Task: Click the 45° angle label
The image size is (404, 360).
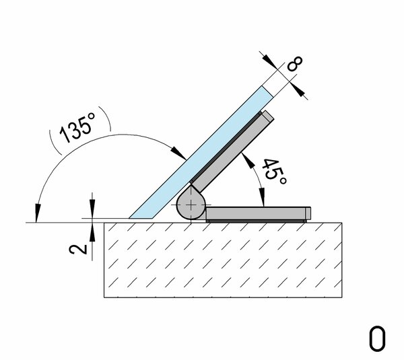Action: [274, 172]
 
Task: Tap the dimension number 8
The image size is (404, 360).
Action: [295, 63]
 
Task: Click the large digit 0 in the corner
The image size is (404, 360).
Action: [377, 338]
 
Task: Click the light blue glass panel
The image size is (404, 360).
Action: [201, 153]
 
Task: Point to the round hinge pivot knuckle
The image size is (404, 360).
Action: [191, 205]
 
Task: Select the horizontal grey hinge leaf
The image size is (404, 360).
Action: [258, 213]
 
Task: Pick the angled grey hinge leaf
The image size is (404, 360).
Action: [232, 152]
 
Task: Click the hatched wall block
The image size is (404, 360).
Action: [223, 260]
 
